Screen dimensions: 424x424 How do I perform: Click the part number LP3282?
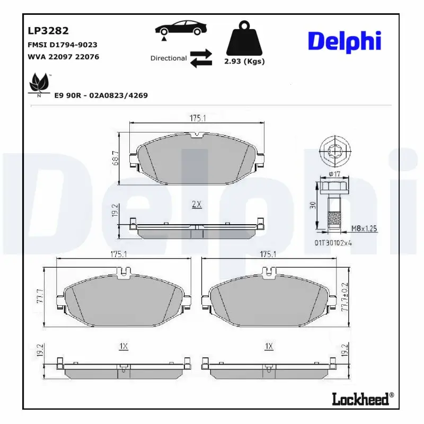point(48,31)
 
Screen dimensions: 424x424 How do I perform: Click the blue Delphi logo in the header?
point(344,41)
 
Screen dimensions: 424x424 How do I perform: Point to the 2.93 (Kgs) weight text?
point(244,61)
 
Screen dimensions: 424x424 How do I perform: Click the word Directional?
point(169,58)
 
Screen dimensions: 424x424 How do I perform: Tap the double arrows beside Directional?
point(201,58)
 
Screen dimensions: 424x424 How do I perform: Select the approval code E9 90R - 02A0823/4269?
point(101,95)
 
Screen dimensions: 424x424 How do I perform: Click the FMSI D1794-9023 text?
point(61,45)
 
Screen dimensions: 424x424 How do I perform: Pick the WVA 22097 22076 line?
point(63,57)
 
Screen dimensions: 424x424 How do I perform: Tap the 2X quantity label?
point(196,204)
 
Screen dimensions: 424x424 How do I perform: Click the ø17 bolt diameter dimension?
point(334,173)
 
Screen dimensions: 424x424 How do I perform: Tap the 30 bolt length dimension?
point(313,206)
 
